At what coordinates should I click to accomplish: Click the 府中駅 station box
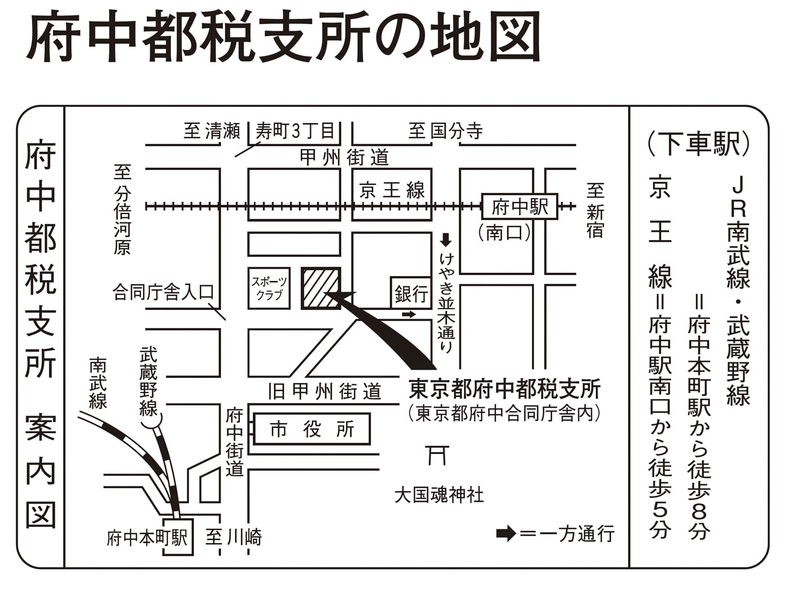(x=519, y=206)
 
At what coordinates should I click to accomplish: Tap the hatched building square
(x=321, y=288)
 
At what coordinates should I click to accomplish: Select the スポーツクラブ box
(x=269, y=288)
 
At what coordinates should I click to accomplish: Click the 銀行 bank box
(x=411, y=293)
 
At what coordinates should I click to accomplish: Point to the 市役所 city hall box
(x=312, y=429)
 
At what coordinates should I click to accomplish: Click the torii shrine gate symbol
(x=437, y=456)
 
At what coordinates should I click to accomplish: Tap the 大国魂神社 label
(x=439, y=496)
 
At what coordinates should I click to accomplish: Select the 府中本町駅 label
(x=147, y=539)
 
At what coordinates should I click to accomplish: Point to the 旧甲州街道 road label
(x=325, y=391)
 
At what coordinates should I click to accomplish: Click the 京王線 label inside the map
(x=392, y=190)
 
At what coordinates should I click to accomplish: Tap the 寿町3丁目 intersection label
(x=295, y=131)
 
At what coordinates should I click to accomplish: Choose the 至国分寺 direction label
(x=446, y=131)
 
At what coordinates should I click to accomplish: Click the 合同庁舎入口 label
(x=163, y=292)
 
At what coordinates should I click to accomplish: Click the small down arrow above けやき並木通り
(x=446, y=240)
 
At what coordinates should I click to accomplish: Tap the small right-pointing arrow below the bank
(x=409, y=314)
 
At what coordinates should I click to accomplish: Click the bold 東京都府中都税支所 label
(x=505, y=389)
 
